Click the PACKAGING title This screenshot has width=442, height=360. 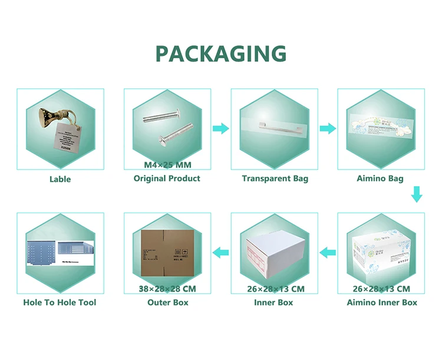pos(220,54)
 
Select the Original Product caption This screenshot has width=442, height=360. pos(167,179)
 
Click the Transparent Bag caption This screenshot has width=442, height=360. pos(275,179)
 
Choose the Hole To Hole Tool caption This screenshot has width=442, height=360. pos(60,302)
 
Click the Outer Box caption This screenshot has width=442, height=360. pos(167,302)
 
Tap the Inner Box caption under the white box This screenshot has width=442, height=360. pos(274,302)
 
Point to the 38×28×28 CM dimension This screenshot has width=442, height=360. pos(167,289)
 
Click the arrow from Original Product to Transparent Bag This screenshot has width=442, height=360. pos(220,128)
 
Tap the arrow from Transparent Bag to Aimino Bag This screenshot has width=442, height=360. pos(328,128)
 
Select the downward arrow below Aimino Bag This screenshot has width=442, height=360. pos(417,195)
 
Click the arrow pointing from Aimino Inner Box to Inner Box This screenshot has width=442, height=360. pos(327,253)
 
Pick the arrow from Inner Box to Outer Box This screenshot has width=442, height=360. pos(220,253)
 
